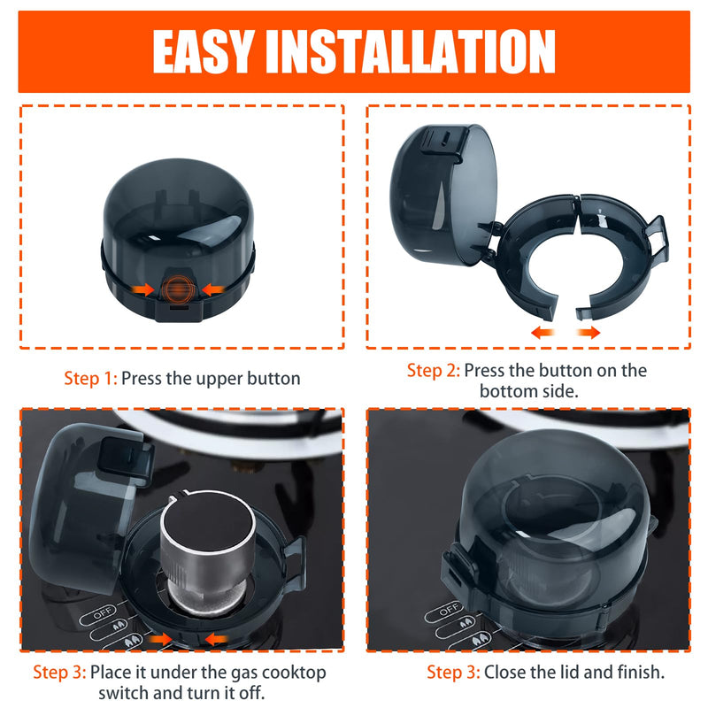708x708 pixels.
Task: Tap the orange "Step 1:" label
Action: pos(90,379)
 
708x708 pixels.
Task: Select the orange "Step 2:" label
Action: pos(434,370)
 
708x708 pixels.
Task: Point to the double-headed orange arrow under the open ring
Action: pos(566,332)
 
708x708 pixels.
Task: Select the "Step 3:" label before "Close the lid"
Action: pos(453,673)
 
